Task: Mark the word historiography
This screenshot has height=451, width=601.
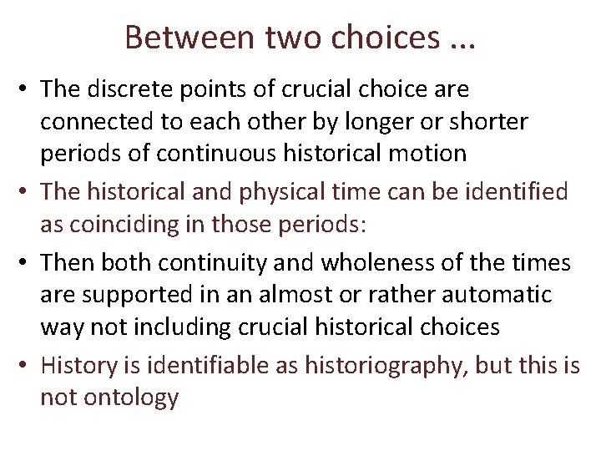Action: pyautogui.click(x=394, y=364)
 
